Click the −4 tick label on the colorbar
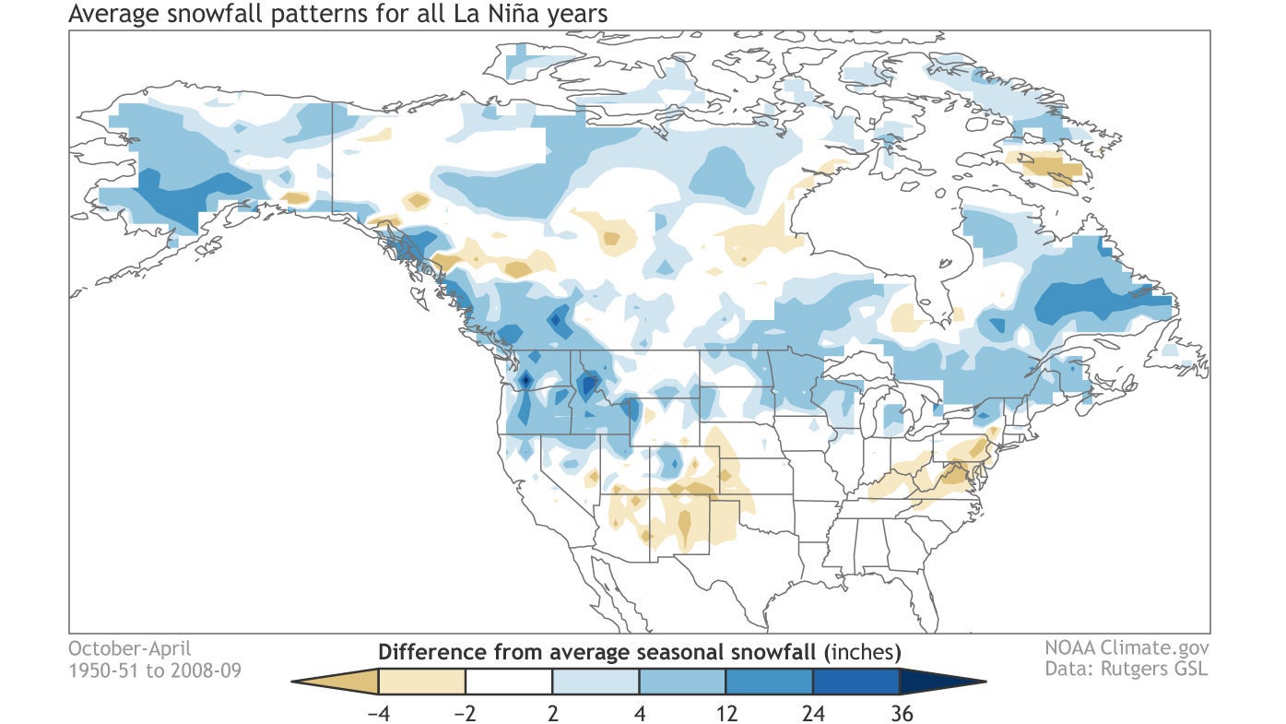click(x=378, y=711)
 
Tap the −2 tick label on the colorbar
click(x=465, y=711)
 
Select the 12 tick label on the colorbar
click(x=726, y=711)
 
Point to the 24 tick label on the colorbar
click(x=812, y=711)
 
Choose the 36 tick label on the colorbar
click(x=898, y=711)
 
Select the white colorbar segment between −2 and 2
click(x=509, y=682)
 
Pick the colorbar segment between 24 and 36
click(x=855, y=682)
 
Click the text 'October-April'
click(x=130, y=647)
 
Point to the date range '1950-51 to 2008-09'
click(x=155, y=670)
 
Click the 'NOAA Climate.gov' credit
click(x=1127, y=647)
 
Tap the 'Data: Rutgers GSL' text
click(x=1127, y=668)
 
